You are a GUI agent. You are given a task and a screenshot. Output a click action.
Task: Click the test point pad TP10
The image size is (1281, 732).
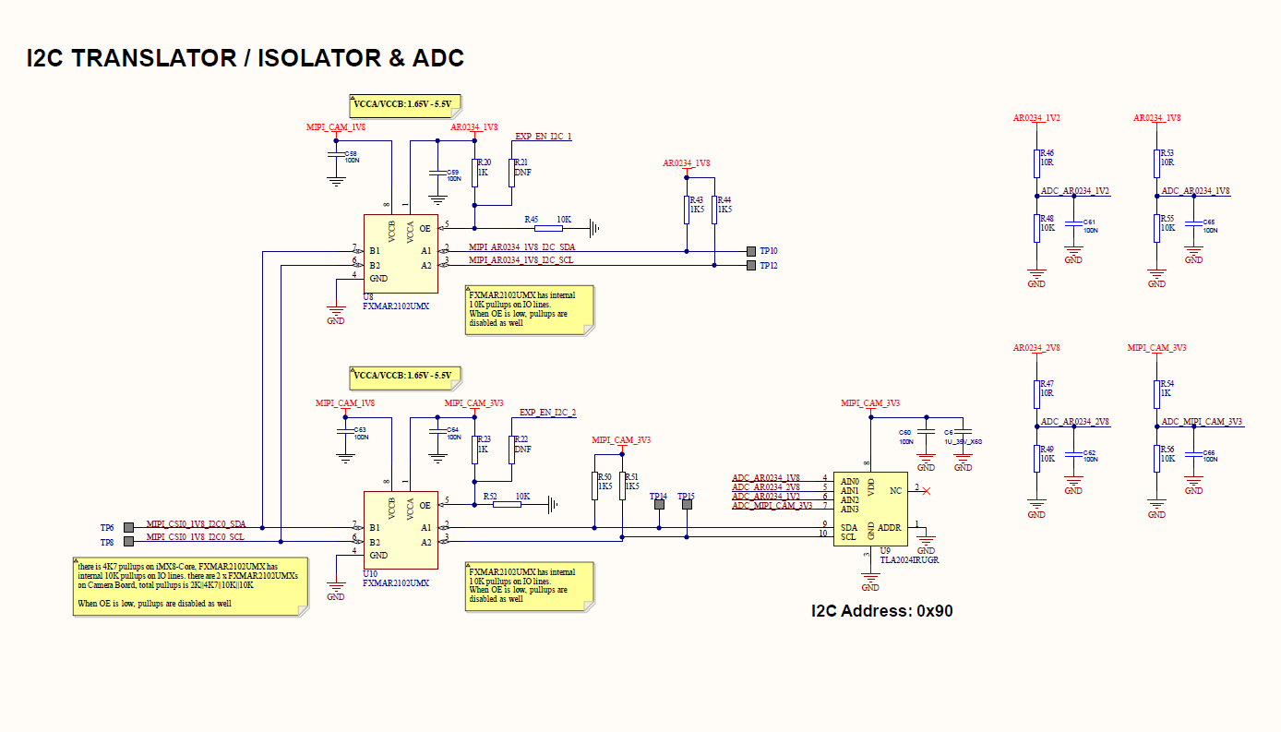(x=750, y=251)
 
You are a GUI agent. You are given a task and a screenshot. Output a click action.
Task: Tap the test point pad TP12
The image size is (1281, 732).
(x=750, y=266)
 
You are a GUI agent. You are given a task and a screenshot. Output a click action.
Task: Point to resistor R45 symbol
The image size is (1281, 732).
(x=548, y=228)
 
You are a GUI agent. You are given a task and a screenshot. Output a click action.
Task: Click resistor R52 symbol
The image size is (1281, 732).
(x=507, y=504)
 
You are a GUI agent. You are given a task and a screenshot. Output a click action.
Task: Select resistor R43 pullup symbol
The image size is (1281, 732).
(x=687, y=210)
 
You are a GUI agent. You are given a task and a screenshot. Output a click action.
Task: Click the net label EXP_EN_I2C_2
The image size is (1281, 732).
(x=547, y=413)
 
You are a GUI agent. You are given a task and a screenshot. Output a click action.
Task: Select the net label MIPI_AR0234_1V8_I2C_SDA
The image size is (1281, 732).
(x=521, y=246)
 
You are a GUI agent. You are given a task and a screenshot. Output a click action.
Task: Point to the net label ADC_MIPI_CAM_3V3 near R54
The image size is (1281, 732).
(x=1202, y=421)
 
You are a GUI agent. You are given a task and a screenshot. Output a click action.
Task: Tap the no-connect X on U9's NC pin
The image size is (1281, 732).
(x=926, y=491)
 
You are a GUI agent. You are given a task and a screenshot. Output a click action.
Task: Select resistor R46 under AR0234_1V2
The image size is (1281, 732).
(x=1036, y=163)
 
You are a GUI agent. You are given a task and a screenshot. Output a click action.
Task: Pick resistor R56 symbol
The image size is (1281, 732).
(x=1156, y=459)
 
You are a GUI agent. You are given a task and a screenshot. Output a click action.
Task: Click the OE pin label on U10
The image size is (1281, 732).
(x=425, y=505)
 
